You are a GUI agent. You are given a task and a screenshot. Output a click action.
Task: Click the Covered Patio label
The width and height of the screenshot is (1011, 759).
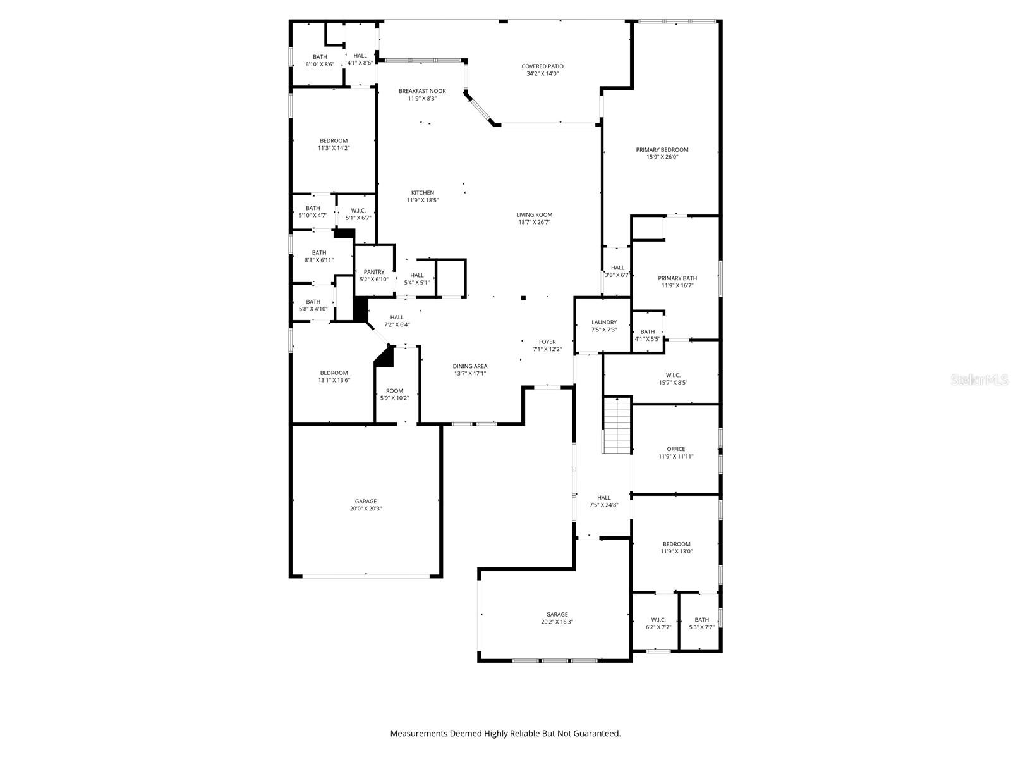point(542,66)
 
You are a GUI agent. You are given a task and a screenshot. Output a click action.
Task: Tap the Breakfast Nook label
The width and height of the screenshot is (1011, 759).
point(422,91)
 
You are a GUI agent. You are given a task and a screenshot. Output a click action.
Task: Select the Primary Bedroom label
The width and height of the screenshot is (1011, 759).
point(662,150)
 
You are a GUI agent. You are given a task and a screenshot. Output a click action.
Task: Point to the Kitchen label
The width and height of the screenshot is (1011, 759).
point(423,193)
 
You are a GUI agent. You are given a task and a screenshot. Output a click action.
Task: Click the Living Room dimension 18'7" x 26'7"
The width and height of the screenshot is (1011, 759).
point(535,223)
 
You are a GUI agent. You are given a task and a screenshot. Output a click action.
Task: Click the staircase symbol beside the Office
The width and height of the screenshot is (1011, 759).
point(617,425)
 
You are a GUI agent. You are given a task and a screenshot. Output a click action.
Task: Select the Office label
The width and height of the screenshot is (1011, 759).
point(675,449)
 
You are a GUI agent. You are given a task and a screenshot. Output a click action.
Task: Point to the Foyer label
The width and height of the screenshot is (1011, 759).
point(547,342)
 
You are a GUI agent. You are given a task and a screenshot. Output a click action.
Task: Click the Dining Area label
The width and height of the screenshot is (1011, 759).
point(470,366)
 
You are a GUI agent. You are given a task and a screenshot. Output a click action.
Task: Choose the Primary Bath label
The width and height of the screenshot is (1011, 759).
point(677,278)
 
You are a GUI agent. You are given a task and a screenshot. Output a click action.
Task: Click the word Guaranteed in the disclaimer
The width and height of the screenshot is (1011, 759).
point(596,734)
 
